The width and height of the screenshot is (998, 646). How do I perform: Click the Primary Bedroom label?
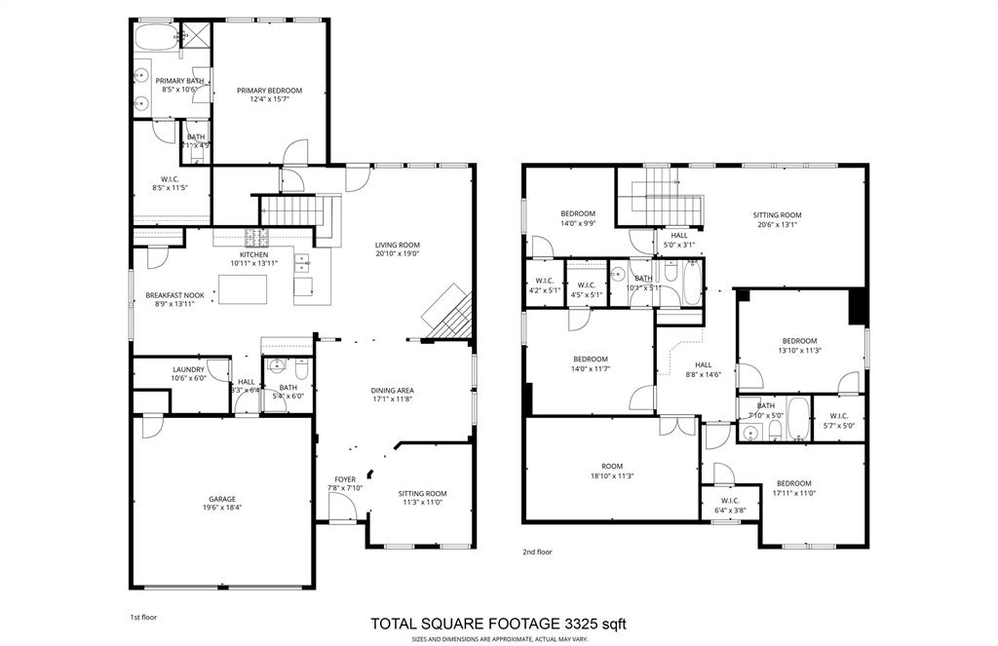[x=269, y=91]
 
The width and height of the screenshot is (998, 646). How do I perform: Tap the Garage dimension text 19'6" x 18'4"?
[x=222, y=508]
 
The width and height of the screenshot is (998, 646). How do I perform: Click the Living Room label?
[x=397, y=246]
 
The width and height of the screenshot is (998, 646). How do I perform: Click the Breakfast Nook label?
[x=174, y=294]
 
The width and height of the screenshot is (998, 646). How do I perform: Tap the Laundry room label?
[x=188, y=369]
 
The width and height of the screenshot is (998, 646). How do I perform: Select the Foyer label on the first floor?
[x=345, y=479]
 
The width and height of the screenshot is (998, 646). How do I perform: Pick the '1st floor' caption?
[x=143, y=617]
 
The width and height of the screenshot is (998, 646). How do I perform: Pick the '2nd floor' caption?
[x=537, y=551]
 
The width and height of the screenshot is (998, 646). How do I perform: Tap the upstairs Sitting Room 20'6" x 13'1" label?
[x=777, y=215]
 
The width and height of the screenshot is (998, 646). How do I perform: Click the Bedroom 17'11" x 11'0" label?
[x=793, y=483]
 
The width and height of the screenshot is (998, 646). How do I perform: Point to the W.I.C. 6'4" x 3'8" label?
[x=730, y=502]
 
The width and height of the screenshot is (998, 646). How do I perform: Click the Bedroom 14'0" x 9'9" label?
[x=577, y=213]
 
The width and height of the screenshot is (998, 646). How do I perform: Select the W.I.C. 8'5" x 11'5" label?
[x=169, y=178]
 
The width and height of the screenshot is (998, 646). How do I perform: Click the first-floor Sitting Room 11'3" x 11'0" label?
[x=423, y=493]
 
